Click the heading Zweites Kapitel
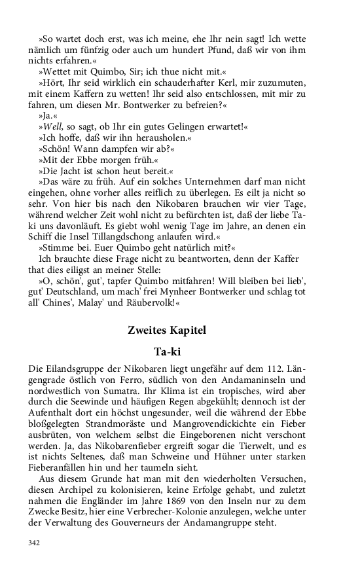point(166,331)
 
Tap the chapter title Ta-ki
point(166,351)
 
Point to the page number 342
point(33,543)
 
